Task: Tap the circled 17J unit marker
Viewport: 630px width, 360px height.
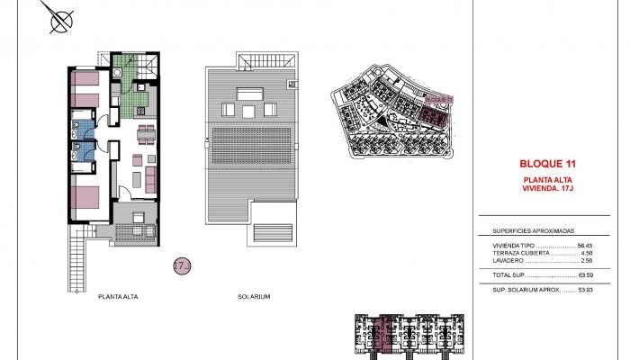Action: click(180, 265)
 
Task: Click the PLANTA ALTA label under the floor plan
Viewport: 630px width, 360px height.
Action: click(119, 296)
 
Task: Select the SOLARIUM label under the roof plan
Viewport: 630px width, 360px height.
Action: click(255, 296)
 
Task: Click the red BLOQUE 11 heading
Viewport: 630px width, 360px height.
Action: click(547, 164)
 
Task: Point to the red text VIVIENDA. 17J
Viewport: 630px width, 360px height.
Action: click(547, 188)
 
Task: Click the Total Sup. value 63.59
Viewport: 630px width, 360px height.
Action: click(585, 274)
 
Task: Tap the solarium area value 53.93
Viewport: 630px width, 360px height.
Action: click(585, 290)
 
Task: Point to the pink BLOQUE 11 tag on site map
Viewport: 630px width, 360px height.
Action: click(437, 100)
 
